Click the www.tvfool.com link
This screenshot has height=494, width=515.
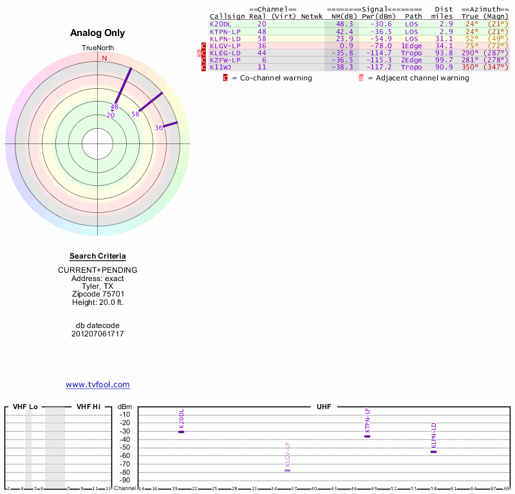[97, 385]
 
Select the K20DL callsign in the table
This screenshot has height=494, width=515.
[221, 24]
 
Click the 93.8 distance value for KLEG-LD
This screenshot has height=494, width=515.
[444, 53]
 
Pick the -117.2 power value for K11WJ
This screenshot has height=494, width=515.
[377, 67]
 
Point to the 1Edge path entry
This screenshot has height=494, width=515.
[412, 46]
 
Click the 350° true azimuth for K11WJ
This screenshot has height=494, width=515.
[470, 67]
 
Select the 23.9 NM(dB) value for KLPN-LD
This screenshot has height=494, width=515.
[345, 39]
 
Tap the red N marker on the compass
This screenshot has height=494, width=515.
[104, 58]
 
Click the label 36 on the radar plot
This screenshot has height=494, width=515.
[159, 128]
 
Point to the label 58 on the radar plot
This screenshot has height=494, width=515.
[135, 114]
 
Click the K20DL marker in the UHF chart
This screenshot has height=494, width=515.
[182, 432]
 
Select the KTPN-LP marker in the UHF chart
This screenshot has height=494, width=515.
[367, 436]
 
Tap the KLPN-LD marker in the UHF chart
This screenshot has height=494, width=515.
[433, 452]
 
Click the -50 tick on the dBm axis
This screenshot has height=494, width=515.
[125, 447]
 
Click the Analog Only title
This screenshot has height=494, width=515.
[98, 33]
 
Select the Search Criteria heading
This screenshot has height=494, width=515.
[98, 256]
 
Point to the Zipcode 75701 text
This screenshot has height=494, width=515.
[98, 294]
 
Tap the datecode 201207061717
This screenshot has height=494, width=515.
[98, 334]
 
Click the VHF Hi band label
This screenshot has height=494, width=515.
[89, 407]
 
